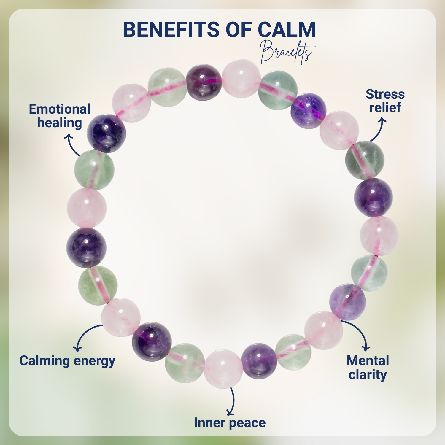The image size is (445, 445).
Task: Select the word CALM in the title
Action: [x=287, y=30]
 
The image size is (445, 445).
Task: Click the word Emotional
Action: [x=60, y=109]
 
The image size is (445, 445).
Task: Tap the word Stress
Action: [x=385, y=94]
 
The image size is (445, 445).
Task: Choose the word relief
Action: [x=385, y=107]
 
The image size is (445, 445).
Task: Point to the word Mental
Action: [x=368, y=361]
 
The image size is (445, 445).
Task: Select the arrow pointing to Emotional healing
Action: [x=72, y=144]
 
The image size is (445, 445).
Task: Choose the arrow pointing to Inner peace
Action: [x=232, y=402]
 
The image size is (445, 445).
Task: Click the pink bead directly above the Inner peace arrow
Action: [x=223, y=368]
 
